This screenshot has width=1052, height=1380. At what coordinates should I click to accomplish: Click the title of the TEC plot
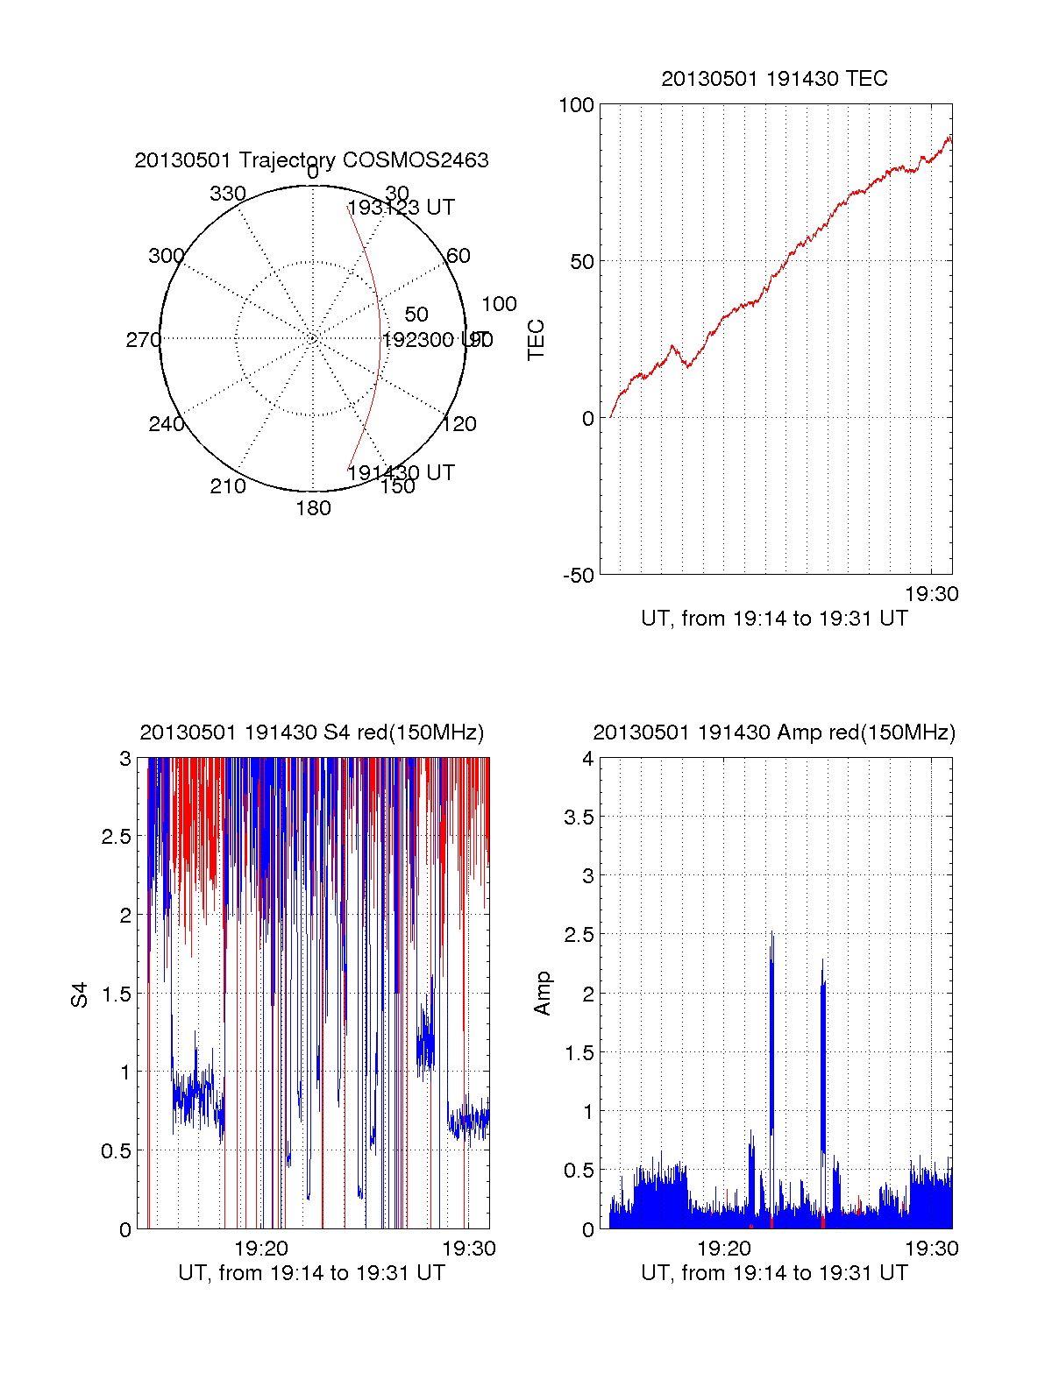pyautogui.click(x=774, y=79)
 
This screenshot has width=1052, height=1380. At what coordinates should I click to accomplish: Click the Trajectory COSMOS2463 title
pyautogui.click(x=311, y=160)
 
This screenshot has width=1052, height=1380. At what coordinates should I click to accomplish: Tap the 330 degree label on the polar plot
pyautogui.click(x=227, y=194)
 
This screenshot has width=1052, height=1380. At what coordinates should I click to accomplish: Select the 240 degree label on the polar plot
pyautogui.click(x=166, y=424)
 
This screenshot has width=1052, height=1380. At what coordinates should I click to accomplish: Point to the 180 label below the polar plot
pyautogui.click(x=313, y=508)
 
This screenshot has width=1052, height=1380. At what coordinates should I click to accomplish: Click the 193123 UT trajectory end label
pyautogui.click(x=402, y=208)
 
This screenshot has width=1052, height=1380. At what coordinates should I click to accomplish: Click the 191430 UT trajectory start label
pyautogui.click(x=402, y=473)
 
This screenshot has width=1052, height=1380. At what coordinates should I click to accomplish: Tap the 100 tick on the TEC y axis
pyautogui.click(x=576, y=105)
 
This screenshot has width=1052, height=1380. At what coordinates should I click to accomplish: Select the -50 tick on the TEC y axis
pyautogui.click(x=578, y=576)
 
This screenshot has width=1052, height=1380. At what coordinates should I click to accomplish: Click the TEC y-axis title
pyautogui.click(x=536, y=340)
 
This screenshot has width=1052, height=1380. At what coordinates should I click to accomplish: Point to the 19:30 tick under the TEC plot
pyautogui.click(x=931, y=594)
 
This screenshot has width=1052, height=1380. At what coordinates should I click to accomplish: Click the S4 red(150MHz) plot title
pyautogui.click(x=311, y=732)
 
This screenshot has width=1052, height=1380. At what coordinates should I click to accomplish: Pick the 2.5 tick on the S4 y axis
pyautogui.click(x=116, y=837)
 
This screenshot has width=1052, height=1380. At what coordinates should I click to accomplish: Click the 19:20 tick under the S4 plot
pyautogui.click(x=261, y=1249)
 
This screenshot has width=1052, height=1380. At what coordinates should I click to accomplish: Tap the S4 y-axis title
pyautogui.click(x=80, y=994)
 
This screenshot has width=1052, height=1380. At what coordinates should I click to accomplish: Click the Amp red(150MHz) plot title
pyautogui.click(x=774, y=732)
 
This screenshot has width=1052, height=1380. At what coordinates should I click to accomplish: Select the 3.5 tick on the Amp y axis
pyautogui.click(x=578, y=817)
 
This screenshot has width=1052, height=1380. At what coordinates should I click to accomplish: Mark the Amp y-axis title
pyautogui.click(x=543, y=994)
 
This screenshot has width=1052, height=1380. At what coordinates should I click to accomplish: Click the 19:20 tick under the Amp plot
pyautogui.click(x=724, y=1249)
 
